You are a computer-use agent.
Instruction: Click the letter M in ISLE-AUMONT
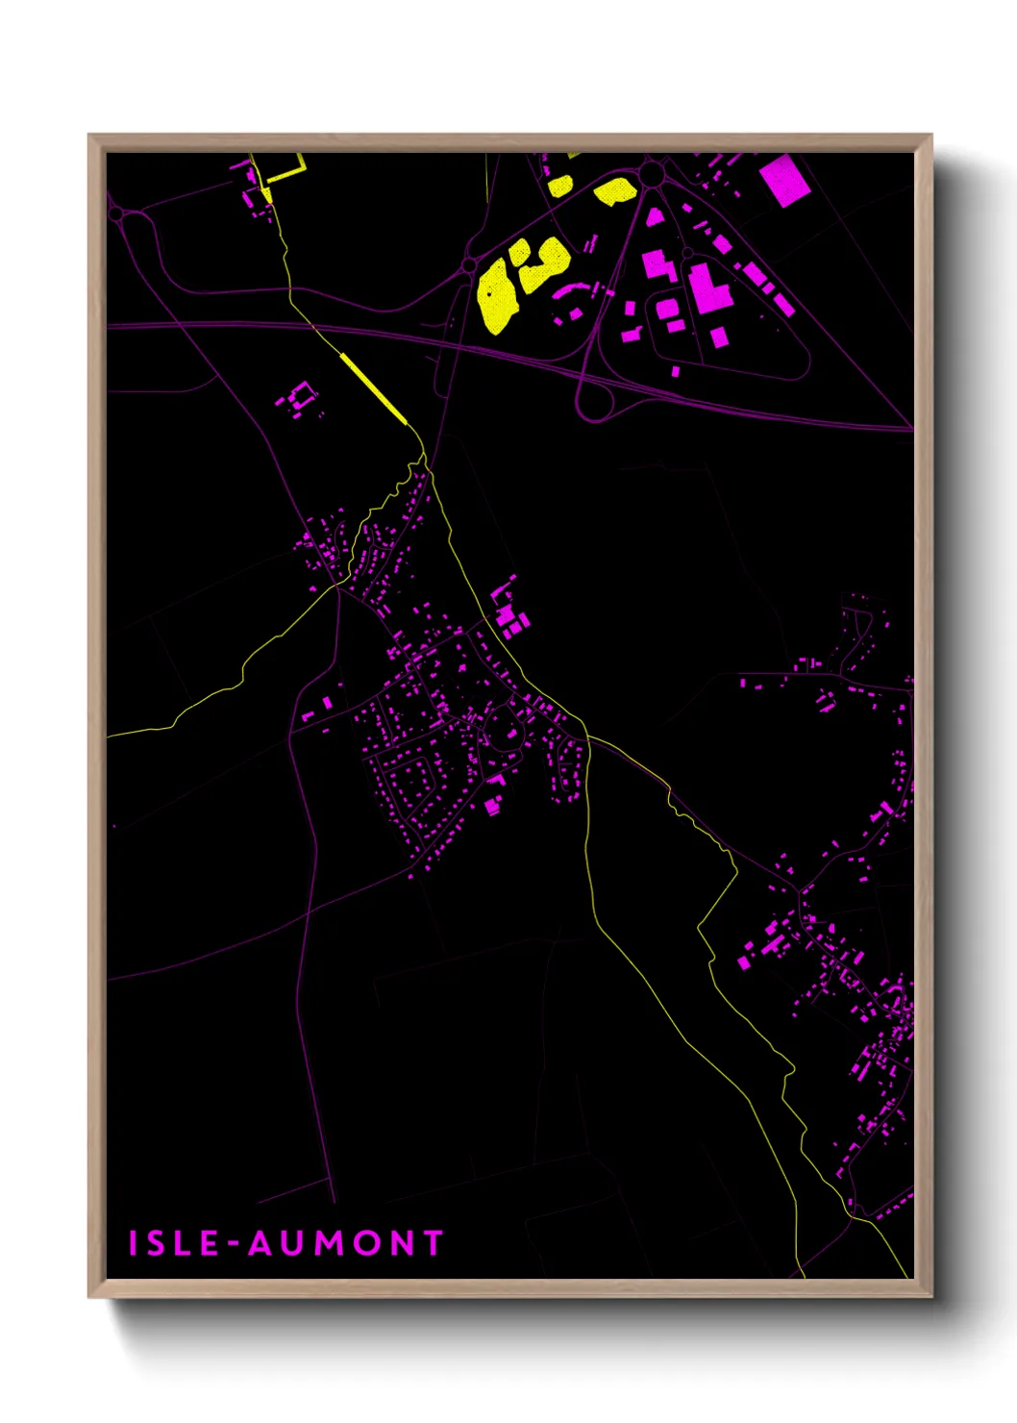(x=330, y=1243)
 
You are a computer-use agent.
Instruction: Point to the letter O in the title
(x=367, y=1243)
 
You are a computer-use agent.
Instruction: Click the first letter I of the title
(x=134, y=1243)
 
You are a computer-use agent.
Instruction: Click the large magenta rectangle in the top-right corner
(x=784, y=180)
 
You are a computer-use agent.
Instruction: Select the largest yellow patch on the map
(x=497, y=293)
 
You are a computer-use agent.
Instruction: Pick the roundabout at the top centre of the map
(x=653, y=174)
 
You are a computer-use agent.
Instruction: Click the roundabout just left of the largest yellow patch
(x=469, y=263)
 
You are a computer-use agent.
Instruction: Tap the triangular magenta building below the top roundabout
(x=655, y=217)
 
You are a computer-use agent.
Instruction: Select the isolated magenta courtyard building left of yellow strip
(x=301, y=396)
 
